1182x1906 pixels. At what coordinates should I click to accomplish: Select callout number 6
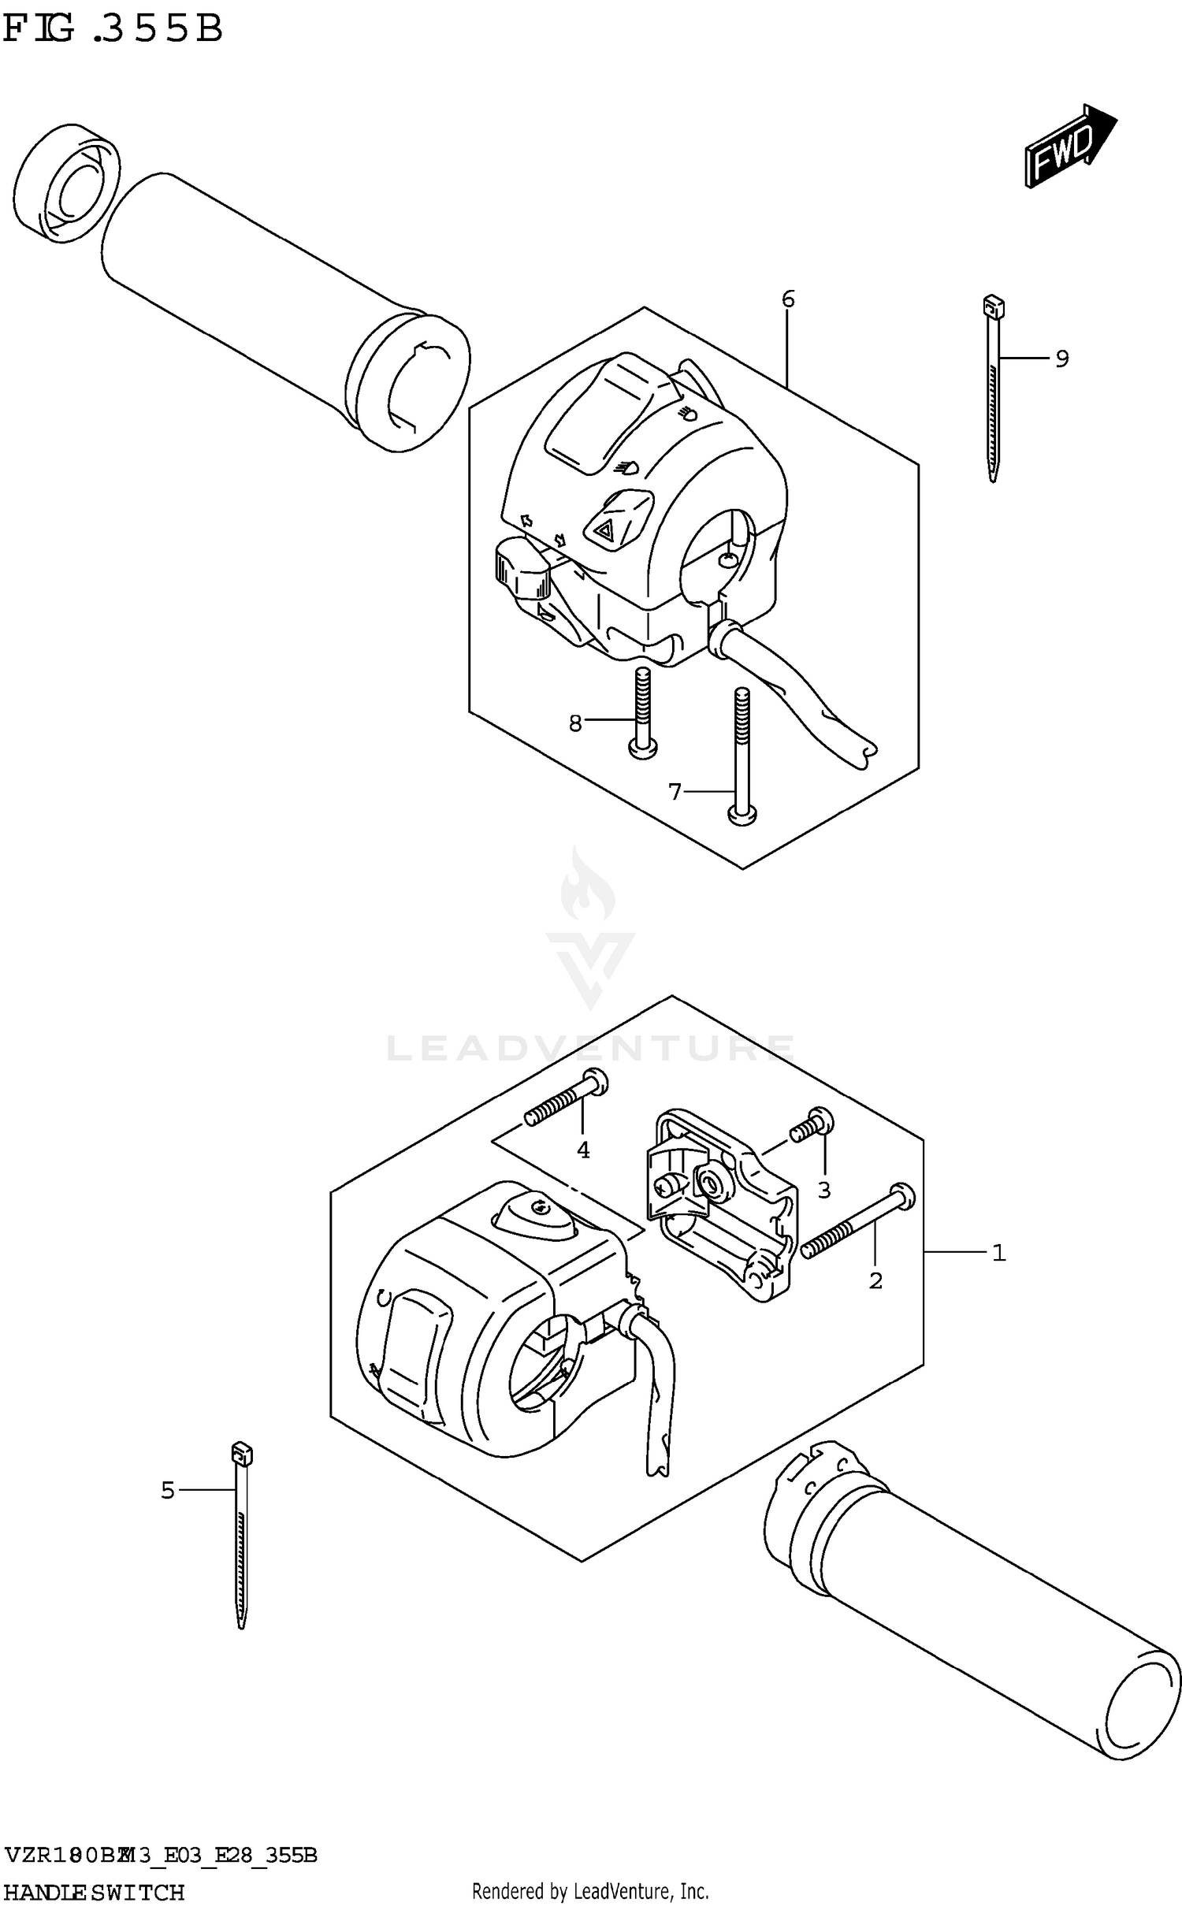point(788,299)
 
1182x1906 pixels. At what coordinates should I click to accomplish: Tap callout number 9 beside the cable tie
point(1061,359)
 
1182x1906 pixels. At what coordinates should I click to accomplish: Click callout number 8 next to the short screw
point(575,723)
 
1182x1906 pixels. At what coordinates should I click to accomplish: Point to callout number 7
point(675,791)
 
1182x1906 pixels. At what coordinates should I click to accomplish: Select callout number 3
point(824,1190)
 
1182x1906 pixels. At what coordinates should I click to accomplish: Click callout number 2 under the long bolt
point(875,1280)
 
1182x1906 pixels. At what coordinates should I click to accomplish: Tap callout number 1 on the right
point(998,1252)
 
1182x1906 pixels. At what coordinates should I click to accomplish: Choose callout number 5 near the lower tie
point(168,1490)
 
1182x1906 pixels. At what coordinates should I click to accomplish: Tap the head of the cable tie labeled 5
point(241,1451)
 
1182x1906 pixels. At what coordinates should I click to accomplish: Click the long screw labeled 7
point(741,756)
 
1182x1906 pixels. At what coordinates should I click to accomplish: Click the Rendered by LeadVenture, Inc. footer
point(590,1891)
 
